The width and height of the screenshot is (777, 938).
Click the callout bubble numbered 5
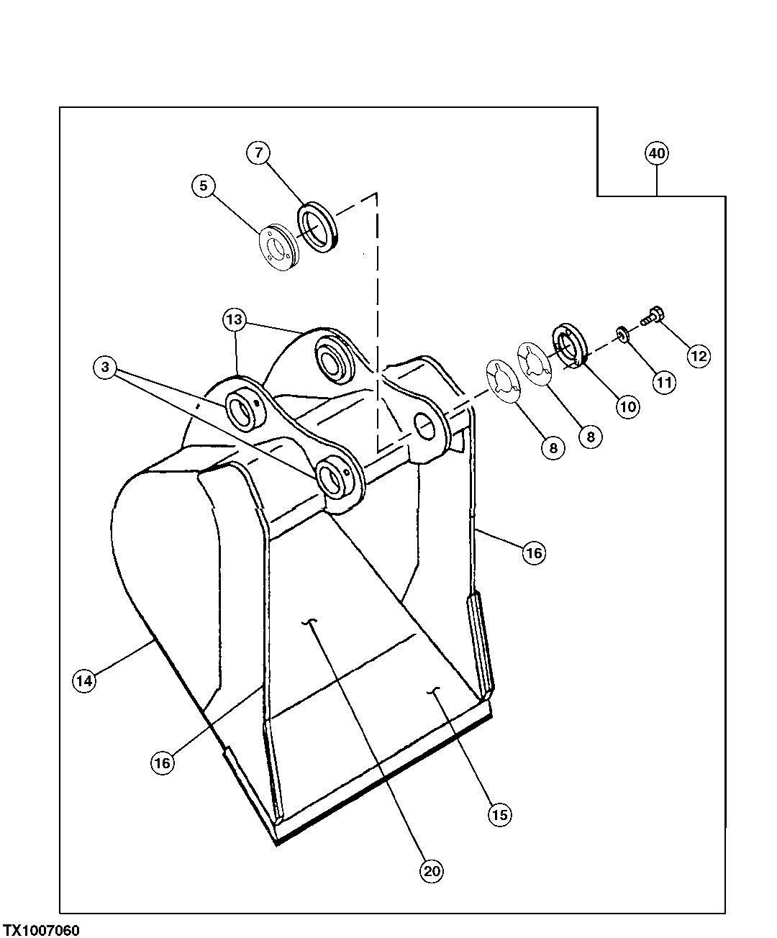(x=204, y=186)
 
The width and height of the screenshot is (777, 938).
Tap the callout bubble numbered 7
(x=259, y=152)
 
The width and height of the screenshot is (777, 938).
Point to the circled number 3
(x=105, y=368)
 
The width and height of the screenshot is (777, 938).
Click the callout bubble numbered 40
(x=656, y=153)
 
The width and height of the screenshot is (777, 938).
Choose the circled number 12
(x=699, y=355)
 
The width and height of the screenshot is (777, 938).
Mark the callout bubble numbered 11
(x=663, y=383)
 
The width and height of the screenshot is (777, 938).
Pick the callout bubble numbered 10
(x=627, y=406)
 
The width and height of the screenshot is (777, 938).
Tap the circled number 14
(x=84, y=680)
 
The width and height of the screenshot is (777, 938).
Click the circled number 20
(x=431, y=872)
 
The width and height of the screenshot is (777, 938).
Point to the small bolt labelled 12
(x=653, y=315)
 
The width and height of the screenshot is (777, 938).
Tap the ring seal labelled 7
(x=317, y=227)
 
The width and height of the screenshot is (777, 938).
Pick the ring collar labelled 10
(x=571, y=346)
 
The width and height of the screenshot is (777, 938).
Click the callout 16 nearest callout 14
(x=163, y=762)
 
